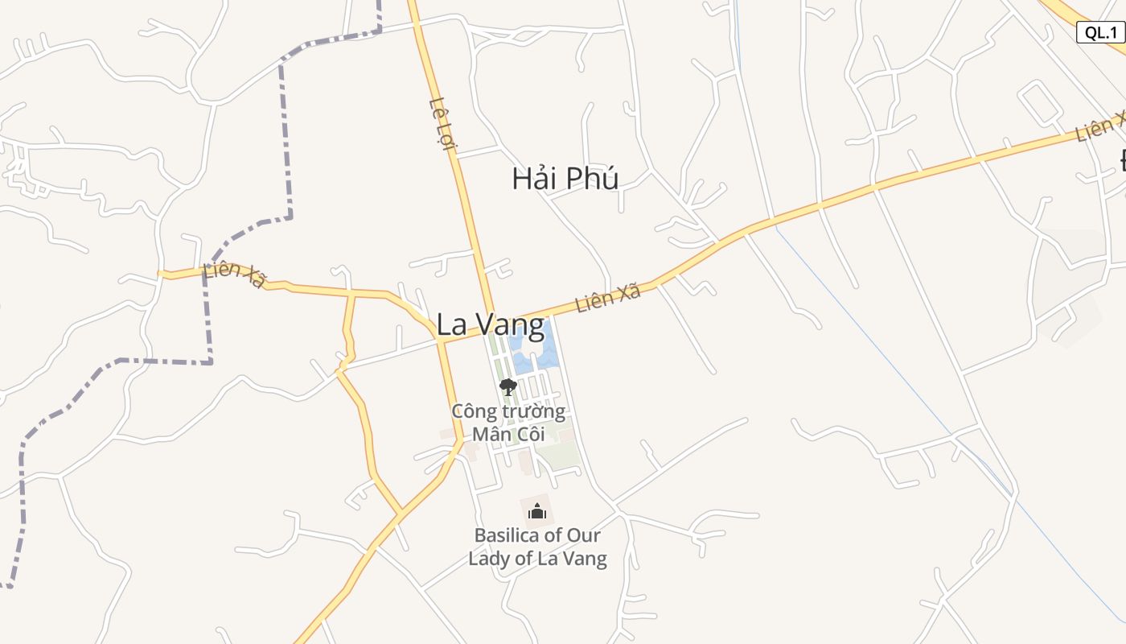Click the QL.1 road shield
click(1100, 32)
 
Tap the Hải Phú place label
click(565, 179)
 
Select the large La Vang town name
click(490, 324)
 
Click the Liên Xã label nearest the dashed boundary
click(234, 275)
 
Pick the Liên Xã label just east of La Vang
click(608, 298)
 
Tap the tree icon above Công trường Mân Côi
click(508, 388)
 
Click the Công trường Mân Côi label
click(508, 423)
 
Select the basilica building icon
click(537, 511)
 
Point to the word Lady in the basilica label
click(490, 558)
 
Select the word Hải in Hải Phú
click(536, 179)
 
